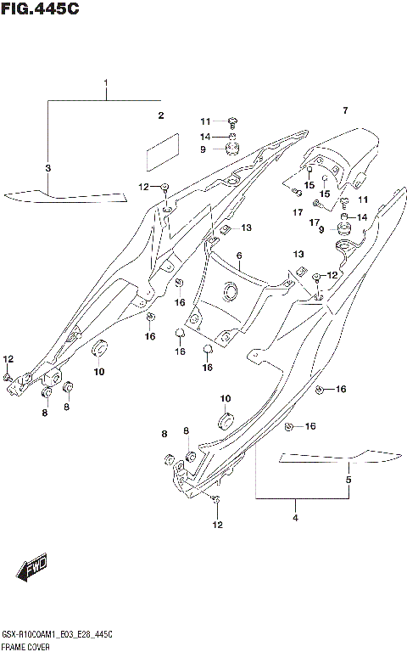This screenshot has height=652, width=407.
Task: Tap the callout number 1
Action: [107, 83]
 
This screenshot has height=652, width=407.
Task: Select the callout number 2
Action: [159, 115]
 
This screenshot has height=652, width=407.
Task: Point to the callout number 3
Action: [48, 168]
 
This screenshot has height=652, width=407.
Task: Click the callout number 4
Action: [295, 518]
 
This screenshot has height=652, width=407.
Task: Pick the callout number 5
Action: [348, 481]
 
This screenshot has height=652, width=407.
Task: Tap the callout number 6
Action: [239, 256]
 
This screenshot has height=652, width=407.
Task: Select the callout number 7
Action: [345, 111]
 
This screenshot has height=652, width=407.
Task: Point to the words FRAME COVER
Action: [28, 646]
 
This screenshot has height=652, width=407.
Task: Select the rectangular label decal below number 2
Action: [164, 152]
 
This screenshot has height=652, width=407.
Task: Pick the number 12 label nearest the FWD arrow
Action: [217, 525]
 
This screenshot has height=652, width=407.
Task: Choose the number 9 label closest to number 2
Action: [180, 149]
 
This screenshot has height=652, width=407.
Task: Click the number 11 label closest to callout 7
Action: [363, 200]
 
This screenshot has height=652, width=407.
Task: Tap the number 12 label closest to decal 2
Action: [143, 186]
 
